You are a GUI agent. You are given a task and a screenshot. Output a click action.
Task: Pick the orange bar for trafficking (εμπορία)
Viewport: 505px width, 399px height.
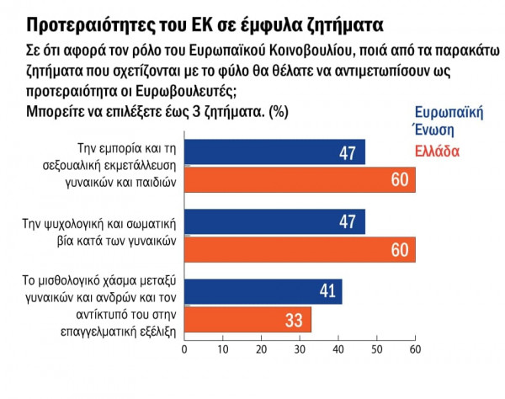point(300,179)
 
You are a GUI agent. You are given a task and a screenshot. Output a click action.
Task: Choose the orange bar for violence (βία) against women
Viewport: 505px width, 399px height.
point(300,249)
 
